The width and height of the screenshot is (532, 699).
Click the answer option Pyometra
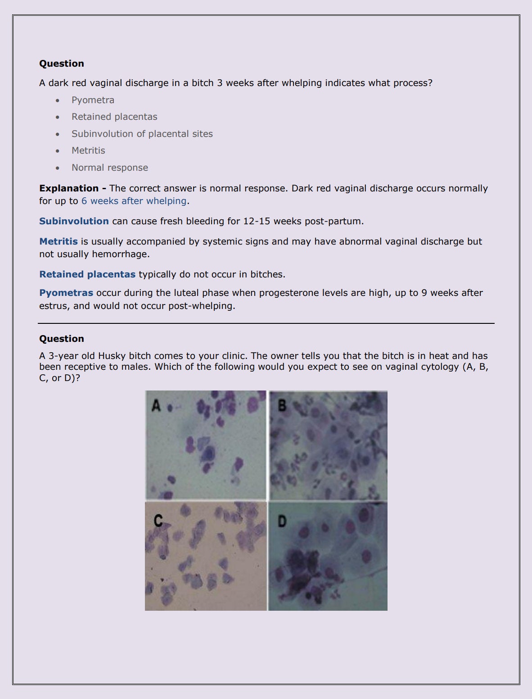93,100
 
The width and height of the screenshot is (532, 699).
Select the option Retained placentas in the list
114,117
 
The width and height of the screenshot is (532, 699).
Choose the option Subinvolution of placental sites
142,134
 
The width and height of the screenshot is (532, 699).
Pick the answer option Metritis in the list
88,150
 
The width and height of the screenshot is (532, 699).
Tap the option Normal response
109,168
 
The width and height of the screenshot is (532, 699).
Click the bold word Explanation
69,188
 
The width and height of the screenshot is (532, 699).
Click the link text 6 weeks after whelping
134,201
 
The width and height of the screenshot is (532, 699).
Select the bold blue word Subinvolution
74,221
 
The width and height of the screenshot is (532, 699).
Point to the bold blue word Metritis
59,241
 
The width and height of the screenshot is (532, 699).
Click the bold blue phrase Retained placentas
87,274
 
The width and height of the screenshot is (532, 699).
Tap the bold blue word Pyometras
66,293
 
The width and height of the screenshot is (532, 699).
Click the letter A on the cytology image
156,405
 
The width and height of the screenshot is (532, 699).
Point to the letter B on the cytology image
282,405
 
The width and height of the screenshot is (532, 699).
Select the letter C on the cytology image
158,521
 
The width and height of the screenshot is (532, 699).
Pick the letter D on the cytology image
282,522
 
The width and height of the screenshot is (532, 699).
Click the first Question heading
62,64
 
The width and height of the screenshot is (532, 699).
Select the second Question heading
62,339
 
